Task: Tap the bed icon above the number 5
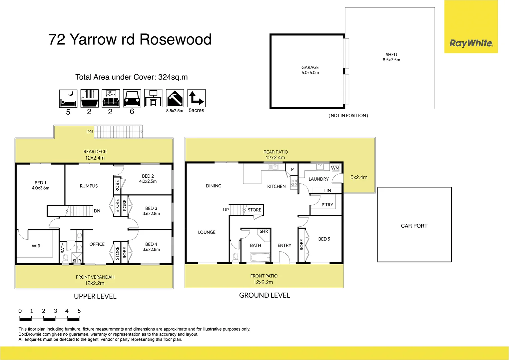pos(68,98)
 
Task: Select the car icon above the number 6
pos(132,98)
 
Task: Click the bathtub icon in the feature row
pos(89,98)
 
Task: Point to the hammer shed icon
pos(175,98)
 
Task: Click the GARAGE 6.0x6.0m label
pos(310,70)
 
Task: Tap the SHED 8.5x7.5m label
pos(391,57)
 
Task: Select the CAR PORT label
pos(414,226)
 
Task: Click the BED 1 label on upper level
pos(41,185)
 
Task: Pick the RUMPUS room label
pos(89,186)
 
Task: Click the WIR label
pos(36,246)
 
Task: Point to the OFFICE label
pos(97,244)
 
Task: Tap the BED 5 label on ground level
pos(324,239)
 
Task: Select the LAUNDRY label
pos(318,179)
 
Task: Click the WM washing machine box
pos(335,168)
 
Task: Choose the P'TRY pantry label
pos(327,205)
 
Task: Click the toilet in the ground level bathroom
pos(236,257)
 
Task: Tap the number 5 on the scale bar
pos(79,311)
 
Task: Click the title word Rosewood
pos(176,39)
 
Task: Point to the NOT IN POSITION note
pos(348,116)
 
